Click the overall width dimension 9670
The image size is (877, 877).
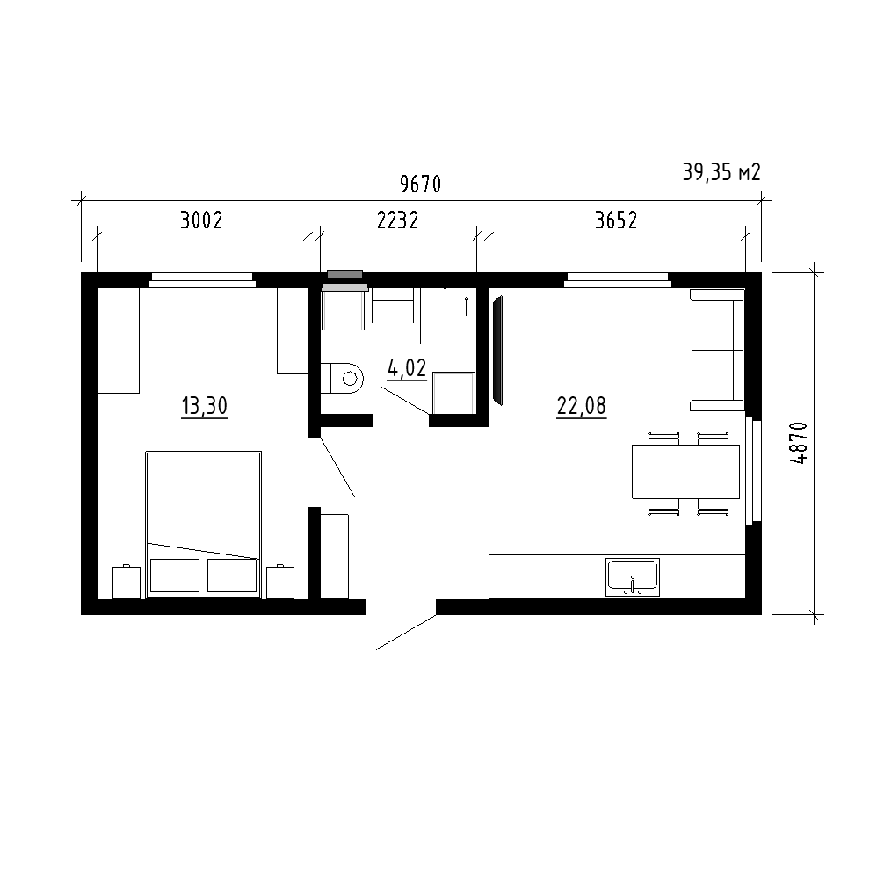tap(421, 184)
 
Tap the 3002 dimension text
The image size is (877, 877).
tap(201, 221)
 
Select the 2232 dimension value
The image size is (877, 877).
tap(398, 221)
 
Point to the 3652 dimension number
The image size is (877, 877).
tap(616, 221)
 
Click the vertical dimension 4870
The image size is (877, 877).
tap(800, 443)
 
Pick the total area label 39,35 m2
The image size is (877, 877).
tap(721, 172)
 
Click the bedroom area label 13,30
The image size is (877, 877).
tap(205, 405)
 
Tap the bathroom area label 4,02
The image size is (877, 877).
tap(407, 368)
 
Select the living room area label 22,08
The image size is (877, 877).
tap(582, 405)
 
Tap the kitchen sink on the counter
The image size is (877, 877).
tap(633, 576)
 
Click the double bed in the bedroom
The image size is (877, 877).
tap(204, 525)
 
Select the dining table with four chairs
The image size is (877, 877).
tap(686, 473)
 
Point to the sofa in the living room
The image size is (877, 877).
tap(718, 350)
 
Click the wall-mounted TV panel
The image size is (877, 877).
tap(497, 350)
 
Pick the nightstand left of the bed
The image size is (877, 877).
tap(127, 582)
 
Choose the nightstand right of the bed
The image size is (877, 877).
tap(280, 582)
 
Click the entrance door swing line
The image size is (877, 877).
tap(406, 632)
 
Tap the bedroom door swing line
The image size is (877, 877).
tap(337, 467)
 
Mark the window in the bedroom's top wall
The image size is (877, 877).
tap(202, 279)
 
